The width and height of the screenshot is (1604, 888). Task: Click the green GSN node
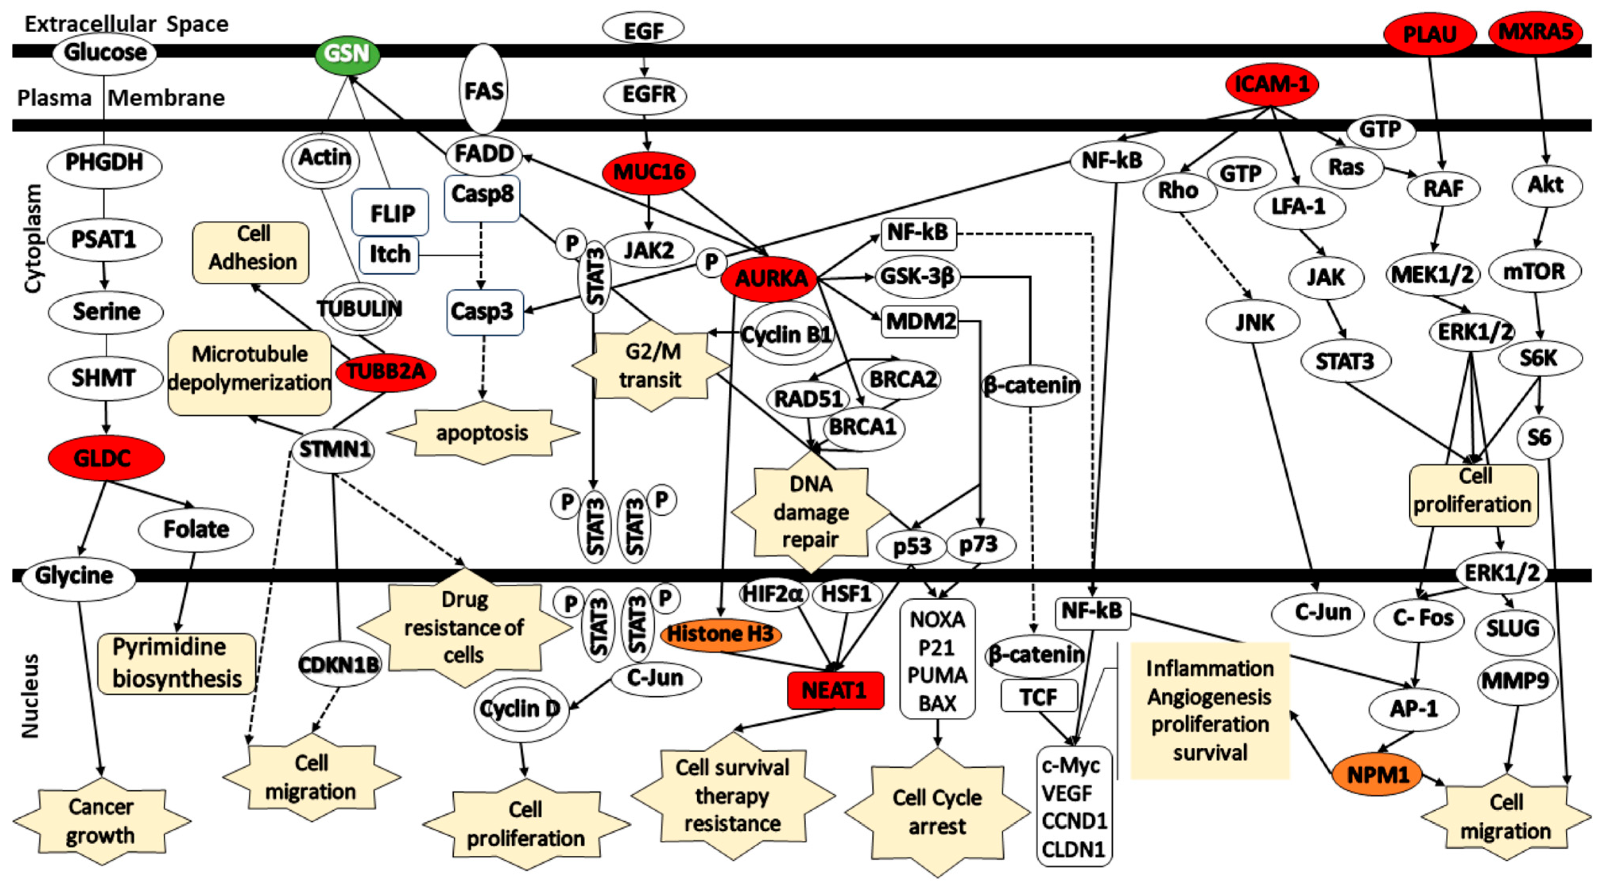pyautogui.click(x=347, y=54)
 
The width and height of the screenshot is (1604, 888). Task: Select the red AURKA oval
pyautogui.click(x=770, y=278)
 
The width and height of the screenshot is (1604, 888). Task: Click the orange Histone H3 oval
pyautogui.click(x=720, y=634)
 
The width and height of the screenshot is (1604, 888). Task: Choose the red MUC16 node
pyautogui.click(x=649, y=172)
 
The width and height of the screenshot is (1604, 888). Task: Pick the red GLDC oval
pyautogui.click(x=105, y=458)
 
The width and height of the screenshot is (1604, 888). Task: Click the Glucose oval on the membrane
pyautogui.click(x=104, y=52)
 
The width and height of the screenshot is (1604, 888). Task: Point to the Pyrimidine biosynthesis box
pyautogui.click(x=177, y=663)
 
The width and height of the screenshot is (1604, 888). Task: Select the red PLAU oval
pyautogui.click(x=1429, y=34)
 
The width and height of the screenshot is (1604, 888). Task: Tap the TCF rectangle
pyautogui.click(x=1038, y=696)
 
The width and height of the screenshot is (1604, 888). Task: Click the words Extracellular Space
pyautogui.click(x=126, y=24)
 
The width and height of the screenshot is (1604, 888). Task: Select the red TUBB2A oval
pyautogui.click(x=385, y=372)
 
